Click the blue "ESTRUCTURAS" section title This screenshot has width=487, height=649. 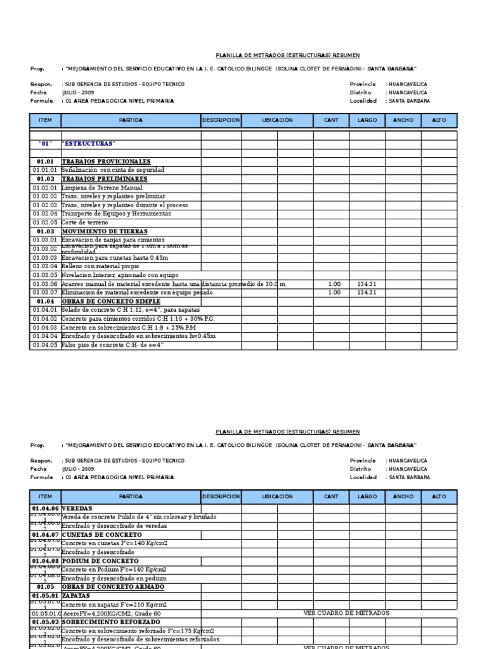88,144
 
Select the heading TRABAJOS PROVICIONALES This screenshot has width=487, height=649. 106,162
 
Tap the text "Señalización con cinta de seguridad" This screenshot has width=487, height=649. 113,170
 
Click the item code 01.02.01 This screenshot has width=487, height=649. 45,188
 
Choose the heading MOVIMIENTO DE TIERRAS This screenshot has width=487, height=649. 105,232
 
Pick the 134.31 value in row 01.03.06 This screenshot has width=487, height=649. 367,285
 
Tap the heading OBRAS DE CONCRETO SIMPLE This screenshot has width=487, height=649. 111,302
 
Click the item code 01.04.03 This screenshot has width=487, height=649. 45,328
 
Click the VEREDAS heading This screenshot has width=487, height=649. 77,508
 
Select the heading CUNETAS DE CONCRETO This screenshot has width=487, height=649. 101,535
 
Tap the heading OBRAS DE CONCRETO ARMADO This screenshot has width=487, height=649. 113,587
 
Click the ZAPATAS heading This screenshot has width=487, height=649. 75,596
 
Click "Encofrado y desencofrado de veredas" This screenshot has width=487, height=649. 114,526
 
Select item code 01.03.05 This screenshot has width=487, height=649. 45,276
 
